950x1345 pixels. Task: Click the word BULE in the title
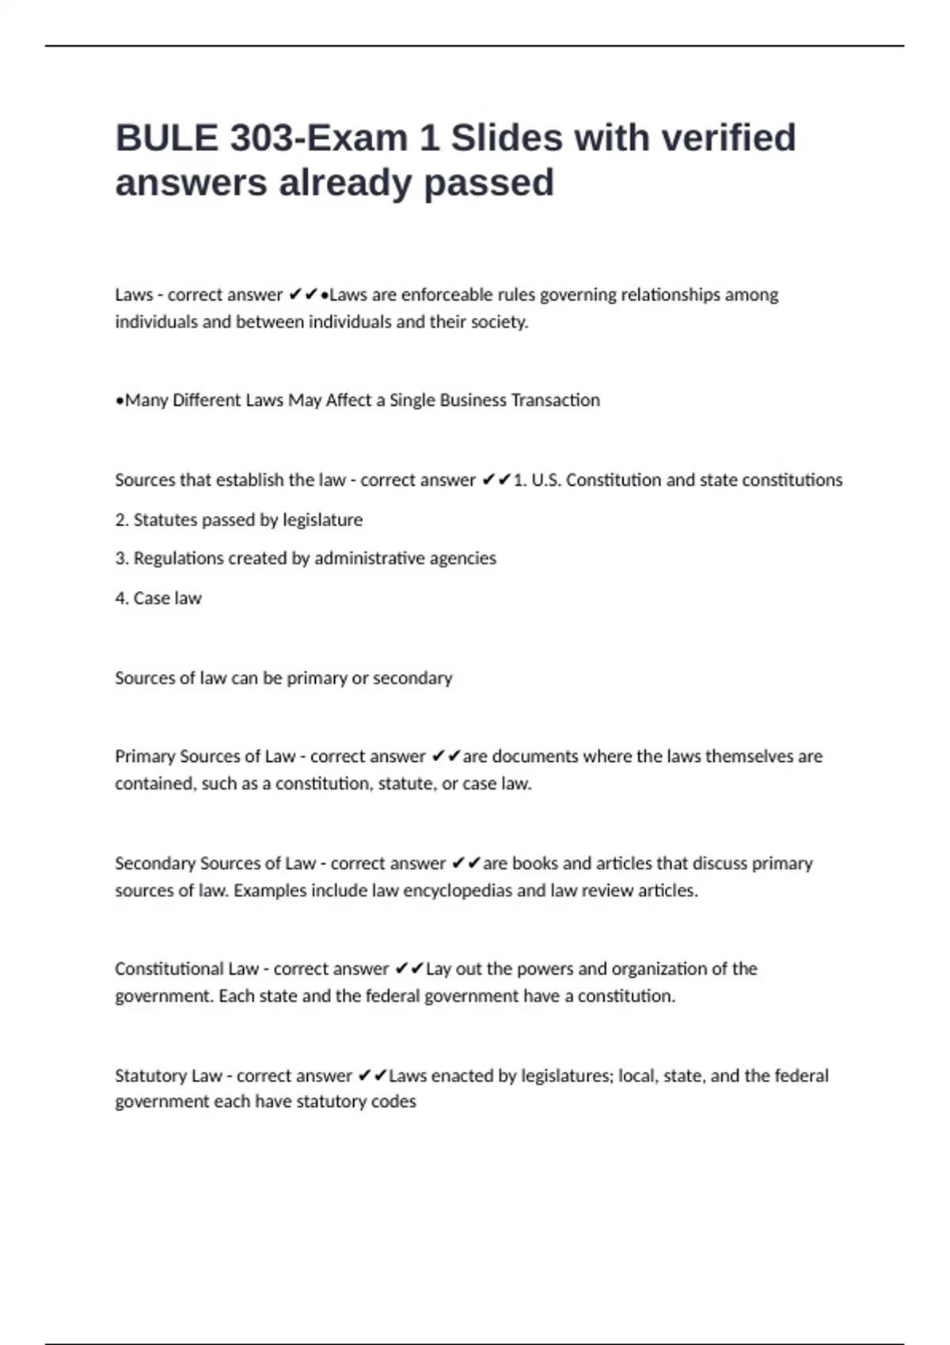click(166, 138)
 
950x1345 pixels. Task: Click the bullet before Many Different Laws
click(119, 401)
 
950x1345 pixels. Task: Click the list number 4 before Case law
click(120, 598)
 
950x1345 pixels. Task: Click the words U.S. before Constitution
click(545, 480)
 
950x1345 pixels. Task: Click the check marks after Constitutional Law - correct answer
click(408, 969)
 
